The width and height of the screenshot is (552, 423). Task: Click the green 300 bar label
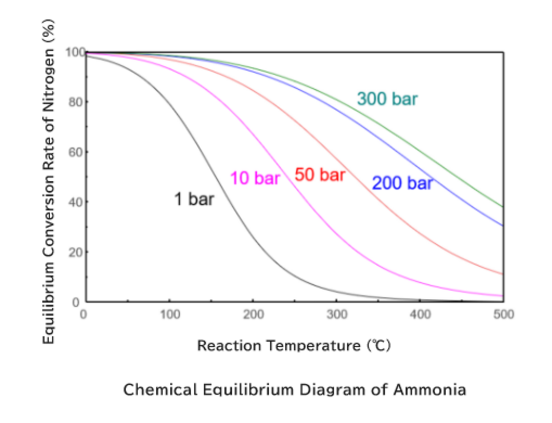(x=387, y=99)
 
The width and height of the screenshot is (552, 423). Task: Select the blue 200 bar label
(x=402, y=183)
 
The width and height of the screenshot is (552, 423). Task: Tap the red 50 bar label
(x=320, y=175)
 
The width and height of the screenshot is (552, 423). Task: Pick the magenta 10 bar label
(x=255, y=178)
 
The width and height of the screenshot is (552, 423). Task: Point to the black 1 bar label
(x=194, y=199)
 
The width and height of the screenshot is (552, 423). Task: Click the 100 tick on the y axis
(x=75, y=52)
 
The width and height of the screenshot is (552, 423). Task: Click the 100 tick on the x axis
(x=170, y=315)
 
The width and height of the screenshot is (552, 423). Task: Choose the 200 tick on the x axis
(x=253, y=315)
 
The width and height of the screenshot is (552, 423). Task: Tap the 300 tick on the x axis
(x=337, y=315)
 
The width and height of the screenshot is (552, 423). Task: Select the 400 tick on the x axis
(x=420, y=315)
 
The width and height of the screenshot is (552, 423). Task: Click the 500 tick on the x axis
(x=504, y=315)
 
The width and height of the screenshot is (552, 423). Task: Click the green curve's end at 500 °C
(x=503, y=206)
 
